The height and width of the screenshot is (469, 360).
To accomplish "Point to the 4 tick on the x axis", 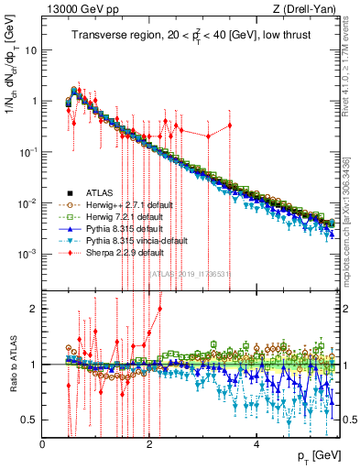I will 256,445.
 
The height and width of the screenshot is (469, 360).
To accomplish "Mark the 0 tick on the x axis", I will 43,445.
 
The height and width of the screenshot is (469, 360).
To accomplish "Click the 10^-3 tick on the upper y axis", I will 27,254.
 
